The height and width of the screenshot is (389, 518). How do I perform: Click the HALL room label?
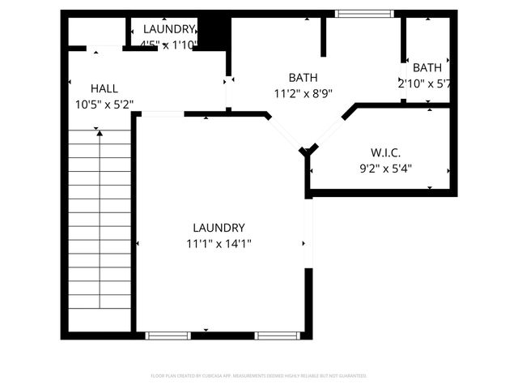[104, 88]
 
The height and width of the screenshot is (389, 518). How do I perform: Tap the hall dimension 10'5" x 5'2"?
[104, 104]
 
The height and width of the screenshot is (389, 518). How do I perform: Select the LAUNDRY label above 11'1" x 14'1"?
[219, 228]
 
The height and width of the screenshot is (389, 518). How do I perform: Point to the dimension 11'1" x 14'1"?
[219, 244]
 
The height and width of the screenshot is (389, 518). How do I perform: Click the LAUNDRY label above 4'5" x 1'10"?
[169, 28]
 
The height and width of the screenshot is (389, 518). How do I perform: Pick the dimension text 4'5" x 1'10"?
[168, 45]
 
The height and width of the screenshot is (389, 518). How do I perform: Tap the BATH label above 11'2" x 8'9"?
[303, 78]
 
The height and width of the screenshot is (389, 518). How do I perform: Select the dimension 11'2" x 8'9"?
[303, 93]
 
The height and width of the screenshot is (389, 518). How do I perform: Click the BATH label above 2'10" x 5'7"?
[427, 67]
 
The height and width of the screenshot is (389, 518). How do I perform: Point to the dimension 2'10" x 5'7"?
[423, 83]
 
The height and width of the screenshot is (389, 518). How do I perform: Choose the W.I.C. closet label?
[386, 152]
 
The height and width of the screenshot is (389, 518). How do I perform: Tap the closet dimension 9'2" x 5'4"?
[386, 169]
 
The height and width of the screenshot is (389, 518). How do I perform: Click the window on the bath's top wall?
[364, 13]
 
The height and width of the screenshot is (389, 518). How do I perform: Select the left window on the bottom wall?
[168, 335]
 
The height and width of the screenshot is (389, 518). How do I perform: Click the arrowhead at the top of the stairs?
[98, 130]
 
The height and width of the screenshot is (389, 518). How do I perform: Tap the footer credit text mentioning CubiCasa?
[259, 376]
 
